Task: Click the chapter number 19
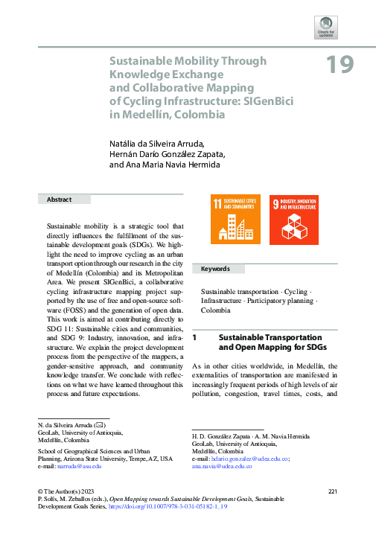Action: [339, 66]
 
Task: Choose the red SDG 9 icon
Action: [293, 220]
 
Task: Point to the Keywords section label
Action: [215, 269]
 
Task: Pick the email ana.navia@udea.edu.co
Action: [221, 466]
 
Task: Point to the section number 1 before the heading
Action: [194, 337]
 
